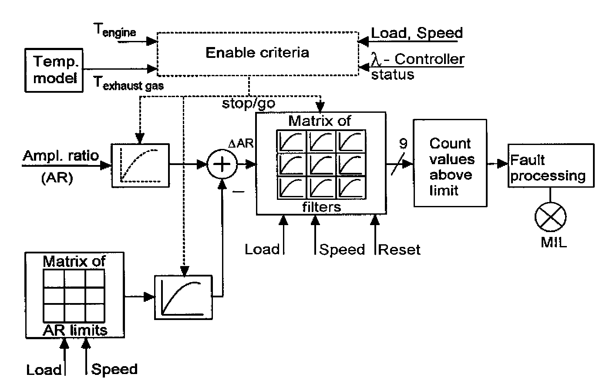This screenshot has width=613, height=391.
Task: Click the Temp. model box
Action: [x=54, y=70]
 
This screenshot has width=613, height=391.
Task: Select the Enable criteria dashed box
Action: [x=257, y=53]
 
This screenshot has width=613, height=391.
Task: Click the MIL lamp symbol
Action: [x=550, y=217]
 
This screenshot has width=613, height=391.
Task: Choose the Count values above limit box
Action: [x=450, y=163]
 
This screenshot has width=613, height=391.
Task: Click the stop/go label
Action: [x=248, y=104]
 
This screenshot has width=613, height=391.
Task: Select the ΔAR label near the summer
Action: [x=241, y=143]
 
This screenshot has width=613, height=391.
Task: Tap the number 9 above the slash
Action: [x=403, y=144]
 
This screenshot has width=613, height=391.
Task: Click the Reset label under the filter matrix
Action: [x=399, y=250]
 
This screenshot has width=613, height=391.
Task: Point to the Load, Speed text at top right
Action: [x=417, y=33]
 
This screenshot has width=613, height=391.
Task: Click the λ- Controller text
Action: [x=418, y=59]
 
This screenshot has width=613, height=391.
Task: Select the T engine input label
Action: [x=115, y=30]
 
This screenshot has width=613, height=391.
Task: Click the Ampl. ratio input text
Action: [x=61, y=156]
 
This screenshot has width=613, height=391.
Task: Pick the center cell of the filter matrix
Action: [x=321, y=165]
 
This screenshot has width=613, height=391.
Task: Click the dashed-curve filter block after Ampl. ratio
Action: [x=140, y=165]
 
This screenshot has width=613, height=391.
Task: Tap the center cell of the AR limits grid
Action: [x=74, y=295]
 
